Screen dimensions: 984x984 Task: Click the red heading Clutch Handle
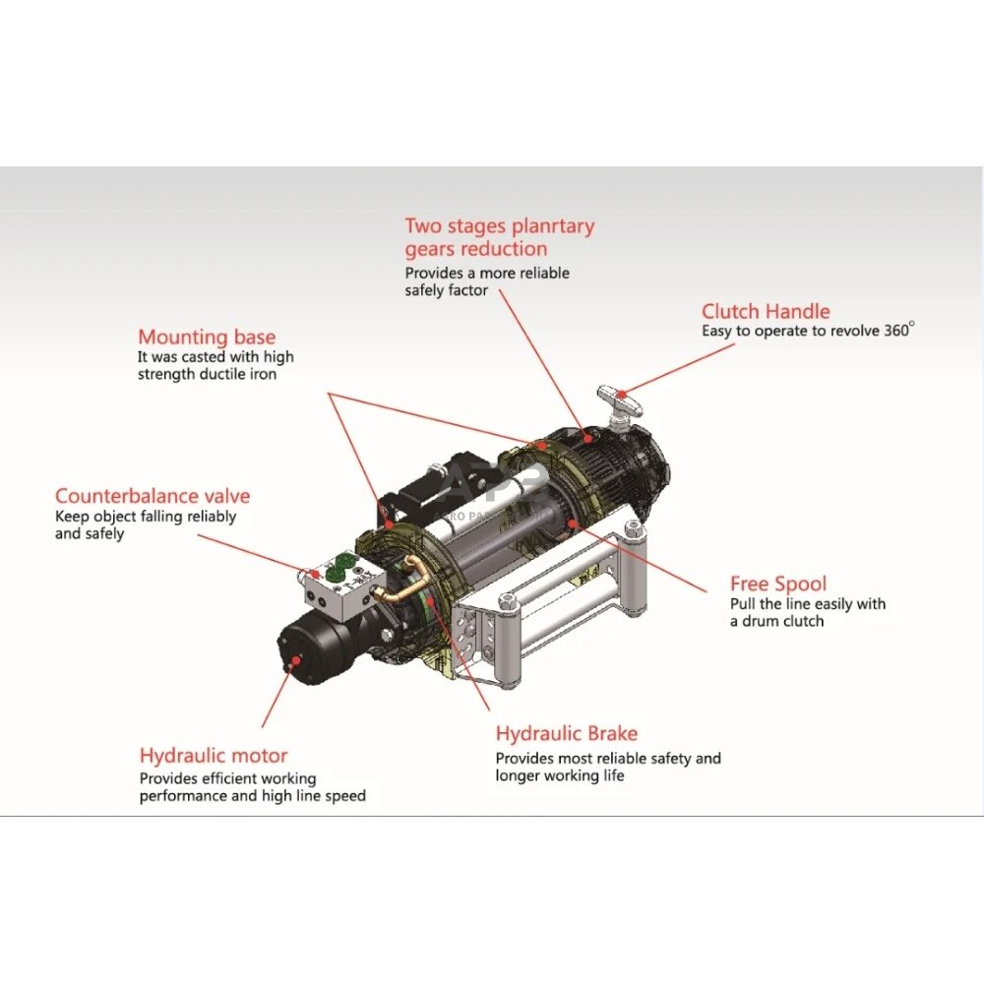(766, 311)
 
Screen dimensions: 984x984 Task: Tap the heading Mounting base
(207, 337)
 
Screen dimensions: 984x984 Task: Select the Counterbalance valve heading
(153, 496)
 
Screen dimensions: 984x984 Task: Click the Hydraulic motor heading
(214, 756)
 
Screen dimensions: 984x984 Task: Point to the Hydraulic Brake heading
(567, 734)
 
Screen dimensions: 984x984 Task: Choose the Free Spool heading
(778, 584)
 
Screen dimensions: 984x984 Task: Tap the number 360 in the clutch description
(896, 331)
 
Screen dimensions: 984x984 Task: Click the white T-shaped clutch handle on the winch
(619, 401)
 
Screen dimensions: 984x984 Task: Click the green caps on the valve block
(338, 566)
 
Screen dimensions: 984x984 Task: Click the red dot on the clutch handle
(621, 395)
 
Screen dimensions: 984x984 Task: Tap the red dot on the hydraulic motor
(294, 661)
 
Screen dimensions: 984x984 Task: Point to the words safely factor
(446, 290)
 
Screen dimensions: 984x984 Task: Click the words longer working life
(560, 775)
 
